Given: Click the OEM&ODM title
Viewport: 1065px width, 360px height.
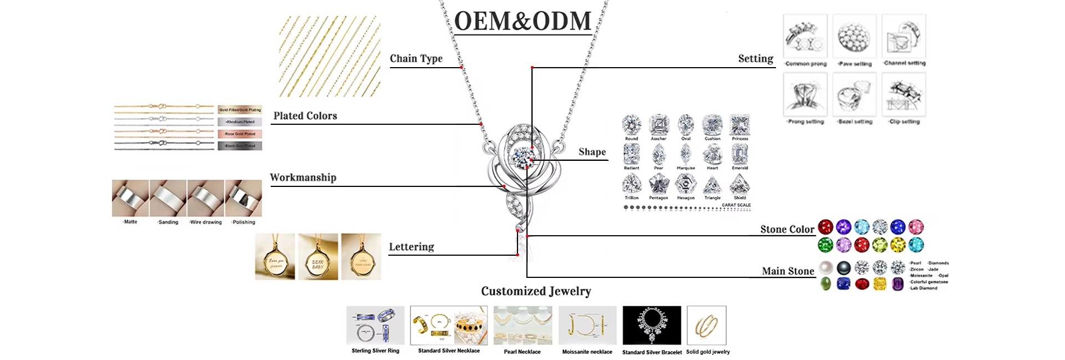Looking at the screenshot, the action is [x=523, y=21].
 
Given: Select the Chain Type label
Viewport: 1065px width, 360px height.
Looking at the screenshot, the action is [x=416, y=59].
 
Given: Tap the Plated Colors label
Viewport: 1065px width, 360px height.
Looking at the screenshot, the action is [x=305, y=116].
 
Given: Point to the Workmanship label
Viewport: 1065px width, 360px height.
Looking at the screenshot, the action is [x=303, y=178].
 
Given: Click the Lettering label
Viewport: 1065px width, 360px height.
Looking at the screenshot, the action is [x=411, y=247].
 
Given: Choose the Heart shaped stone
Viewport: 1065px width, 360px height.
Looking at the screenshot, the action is [x=712, y=154].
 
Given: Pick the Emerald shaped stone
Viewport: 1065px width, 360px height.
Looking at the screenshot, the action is [x=739, y=154].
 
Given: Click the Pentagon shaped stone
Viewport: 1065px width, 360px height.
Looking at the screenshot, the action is [x=658, y=184].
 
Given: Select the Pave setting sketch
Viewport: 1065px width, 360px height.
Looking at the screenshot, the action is [x=854, y=37].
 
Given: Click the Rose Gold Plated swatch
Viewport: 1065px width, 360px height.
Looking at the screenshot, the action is [x=240, y=134].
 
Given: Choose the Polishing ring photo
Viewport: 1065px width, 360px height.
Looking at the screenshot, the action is [x=244, y=198].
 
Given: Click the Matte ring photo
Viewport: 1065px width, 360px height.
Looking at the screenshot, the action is [x=130, y=198].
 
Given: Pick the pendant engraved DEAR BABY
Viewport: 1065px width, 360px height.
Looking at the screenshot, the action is [x=318, y=257].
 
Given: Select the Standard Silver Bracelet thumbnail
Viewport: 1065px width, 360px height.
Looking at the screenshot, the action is [x=652, y=326].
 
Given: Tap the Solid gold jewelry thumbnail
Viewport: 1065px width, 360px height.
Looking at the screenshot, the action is [x=707, y=326].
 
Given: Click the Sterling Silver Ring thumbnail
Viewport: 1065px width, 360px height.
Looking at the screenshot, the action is [x=376, y=326].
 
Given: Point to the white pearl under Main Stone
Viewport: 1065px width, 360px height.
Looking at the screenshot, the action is [x=826, y=268].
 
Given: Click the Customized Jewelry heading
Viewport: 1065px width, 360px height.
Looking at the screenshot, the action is [x=536, y=291].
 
